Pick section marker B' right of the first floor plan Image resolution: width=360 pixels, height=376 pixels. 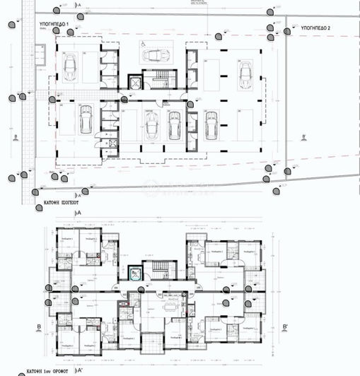click(x=284, y=327)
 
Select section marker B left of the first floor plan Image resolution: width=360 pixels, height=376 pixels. click(x=40, y=327)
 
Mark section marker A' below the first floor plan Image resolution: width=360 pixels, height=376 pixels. click(x=80, y=369)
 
